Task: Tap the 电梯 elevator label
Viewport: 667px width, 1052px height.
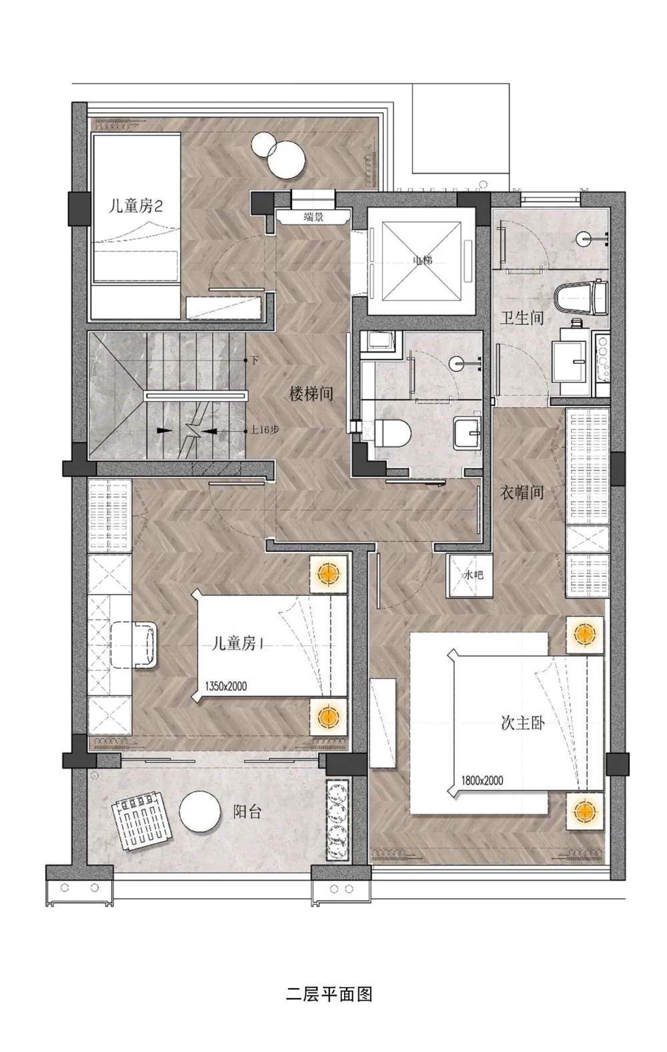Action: click(422, 260)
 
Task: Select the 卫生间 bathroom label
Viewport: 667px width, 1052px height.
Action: click(522, 318)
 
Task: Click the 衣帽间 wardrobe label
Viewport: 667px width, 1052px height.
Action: click(522, 493)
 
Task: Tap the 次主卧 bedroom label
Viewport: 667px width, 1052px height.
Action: click(522, 722)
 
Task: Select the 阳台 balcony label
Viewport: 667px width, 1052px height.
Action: click(247, 812)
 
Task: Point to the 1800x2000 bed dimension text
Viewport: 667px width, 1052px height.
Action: click(482, 780)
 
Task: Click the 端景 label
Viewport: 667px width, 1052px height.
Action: click(313, 216)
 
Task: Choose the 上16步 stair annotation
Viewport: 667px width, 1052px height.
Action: click(265, 431)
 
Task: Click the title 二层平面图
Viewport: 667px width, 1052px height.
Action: click(329, 995)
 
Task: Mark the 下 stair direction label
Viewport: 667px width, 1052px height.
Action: click(254, 361)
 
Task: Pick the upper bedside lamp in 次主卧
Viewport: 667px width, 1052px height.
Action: click(584, 633)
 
